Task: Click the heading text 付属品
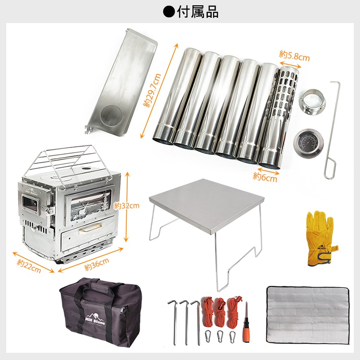[x=197, y=12]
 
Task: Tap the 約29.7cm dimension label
[x=152, y=90]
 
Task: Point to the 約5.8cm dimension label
[x=294, y=56]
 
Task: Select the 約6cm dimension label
[x=265, y=177]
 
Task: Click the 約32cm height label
[x=127, y=206]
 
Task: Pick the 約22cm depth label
[x=29, y=266]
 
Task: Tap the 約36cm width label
[x=96, y=264]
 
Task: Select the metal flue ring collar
[x=312, y=101]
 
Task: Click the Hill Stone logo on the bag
[x=95, y=319]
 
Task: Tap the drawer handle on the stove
[x=90, y=228]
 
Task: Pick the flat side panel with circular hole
[x=122, y=83]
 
